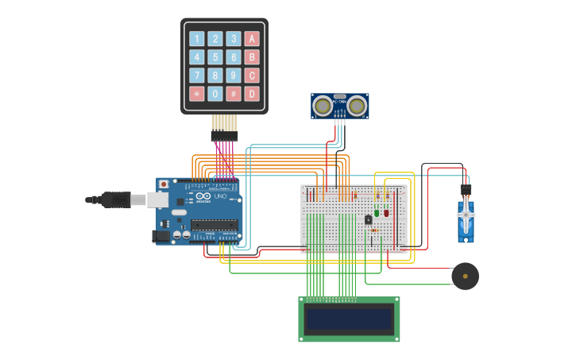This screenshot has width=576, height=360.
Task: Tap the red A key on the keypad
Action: (x=252, y=39)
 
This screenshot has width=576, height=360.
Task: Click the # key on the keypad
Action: (x=234, y=94)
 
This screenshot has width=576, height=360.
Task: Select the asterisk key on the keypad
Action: (x=196, y=94)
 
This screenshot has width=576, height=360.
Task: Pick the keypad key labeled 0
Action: (x=215, y=94)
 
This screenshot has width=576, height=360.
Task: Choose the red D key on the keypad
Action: (x=252, y=94)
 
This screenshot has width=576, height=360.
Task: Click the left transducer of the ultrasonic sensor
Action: (x=323, y=105)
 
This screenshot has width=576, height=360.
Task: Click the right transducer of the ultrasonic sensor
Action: (x=357, y=105)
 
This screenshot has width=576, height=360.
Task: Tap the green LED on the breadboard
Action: (x=377, y=212)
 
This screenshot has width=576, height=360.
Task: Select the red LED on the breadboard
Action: (x=386, y=212)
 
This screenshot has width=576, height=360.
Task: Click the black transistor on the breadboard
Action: (x=368, y=219)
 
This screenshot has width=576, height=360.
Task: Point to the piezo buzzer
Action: (x=465, y=277)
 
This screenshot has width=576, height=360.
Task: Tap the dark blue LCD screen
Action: (x=350, y=319)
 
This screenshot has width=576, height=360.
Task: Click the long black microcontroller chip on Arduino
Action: (x=215, y=224)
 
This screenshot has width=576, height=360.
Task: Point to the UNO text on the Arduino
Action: (x=220, y=196)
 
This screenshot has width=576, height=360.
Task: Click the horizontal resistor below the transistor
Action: (x=374, y=230)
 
